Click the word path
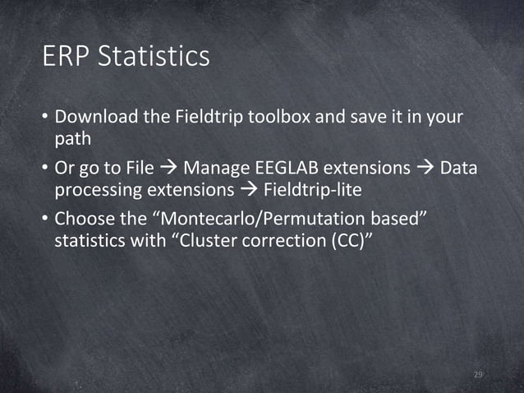(x=72, y=138)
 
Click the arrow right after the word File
(x=168, y=169)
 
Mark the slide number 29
(x=479, y=376)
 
